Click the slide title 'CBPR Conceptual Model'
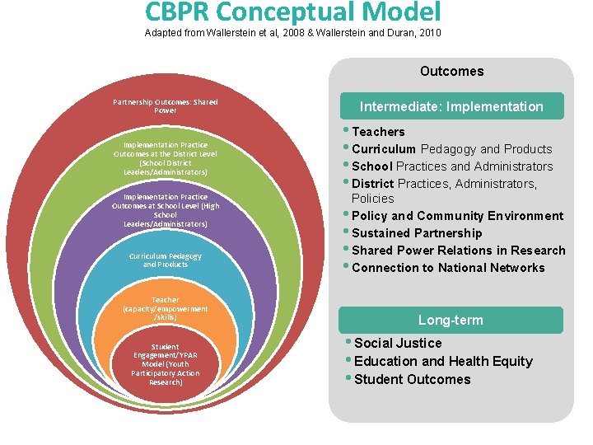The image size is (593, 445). point(293,12)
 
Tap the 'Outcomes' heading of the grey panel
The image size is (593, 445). point(451,71)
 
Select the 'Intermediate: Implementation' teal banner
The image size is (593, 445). point(451,106)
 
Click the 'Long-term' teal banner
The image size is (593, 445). point(451,320)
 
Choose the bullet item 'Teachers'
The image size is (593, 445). point(378,132)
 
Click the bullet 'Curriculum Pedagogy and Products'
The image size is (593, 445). point(451,149)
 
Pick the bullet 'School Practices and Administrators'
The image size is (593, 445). point(452,166)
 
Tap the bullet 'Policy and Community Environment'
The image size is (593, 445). point(457,216)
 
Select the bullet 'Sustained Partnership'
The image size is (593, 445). point(417,233)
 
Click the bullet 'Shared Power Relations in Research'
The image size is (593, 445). point(458,251)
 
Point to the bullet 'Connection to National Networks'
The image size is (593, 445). point(448,268)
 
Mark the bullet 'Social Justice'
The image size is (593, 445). point(398,343)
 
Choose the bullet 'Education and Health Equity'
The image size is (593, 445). point(443,361)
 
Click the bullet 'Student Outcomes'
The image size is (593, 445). point(412,379)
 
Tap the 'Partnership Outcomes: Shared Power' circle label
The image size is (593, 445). point(166,106)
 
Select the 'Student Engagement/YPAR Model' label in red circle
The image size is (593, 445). point(166,364)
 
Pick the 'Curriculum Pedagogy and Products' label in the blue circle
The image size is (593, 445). point(166,260)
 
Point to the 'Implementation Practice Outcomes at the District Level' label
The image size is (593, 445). point(166,158)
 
